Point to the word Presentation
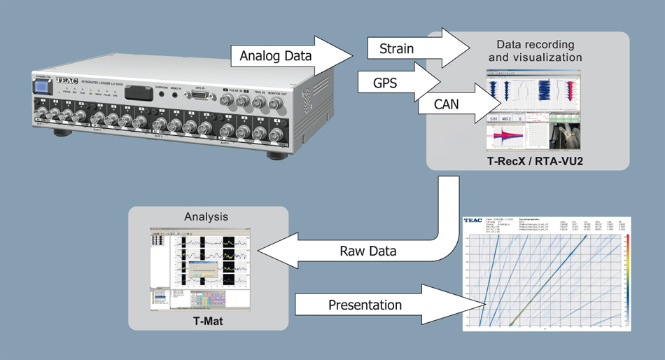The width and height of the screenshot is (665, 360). tap(365, 305)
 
